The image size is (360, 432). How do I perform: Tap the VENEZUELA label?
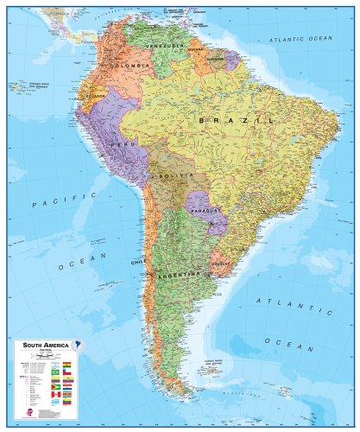tap(166, 44)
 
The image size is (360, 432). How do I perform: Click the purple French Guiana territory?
tap(231, 60)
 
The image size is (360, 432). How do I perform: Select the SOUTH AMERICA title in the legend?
tap(41, 345)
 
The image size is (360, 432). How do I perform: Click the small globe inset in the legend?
tap(79, 346)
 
